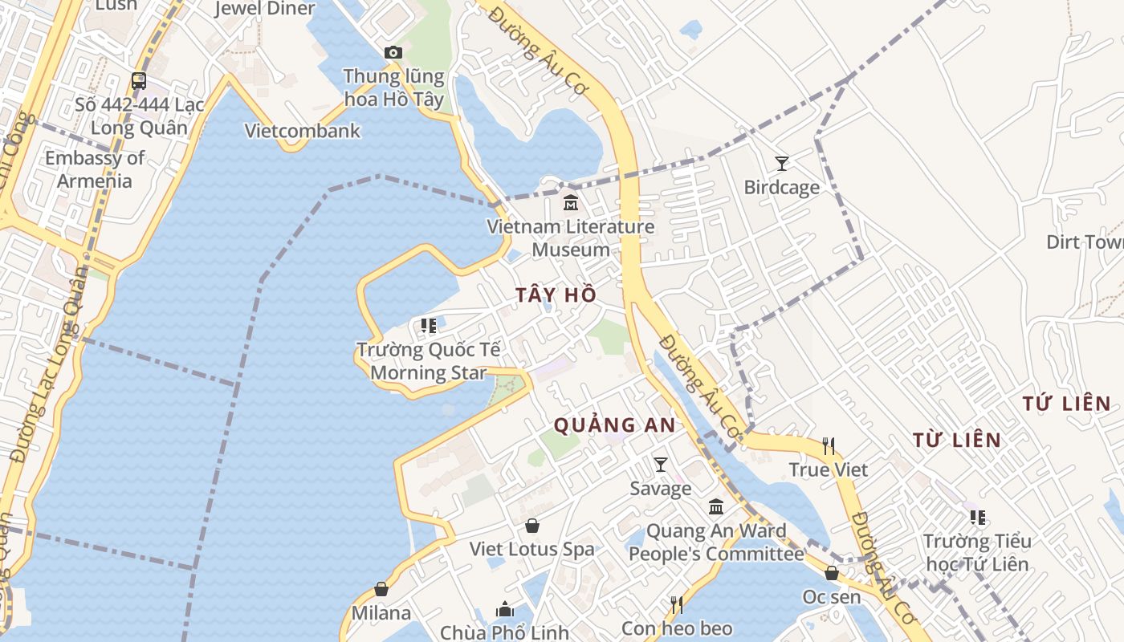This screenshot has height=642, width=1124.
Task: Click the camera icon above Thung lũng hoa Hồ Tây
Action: pos(393,53)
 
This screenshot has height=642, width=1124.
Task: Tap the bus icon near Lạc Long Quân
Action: pos(139,80)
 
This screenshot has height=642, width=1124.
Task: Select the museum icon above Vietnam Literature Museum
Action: pos(571,202)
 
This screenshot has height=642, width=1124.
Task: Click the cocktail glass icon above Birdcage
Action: pos(781,164)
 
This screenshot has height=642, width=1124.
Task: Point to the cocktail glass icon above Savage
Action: pos(661,464)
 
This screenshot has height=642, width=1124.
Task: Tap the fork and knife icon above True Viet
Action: pos(829,445)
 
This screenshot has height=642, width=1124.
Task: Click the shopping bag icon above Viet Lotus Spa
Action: pos(531,526)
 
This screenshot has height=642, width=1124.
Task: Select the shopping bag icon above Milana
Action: pos(381,589)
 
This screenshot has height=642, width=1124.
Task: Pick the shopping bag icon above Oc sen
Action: pos(832,573)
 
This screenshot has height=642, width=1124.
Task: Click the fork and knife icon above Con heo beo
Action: pos(677,604)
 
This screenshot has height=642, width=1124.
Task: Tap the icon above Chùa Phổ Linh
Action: pos(505,609)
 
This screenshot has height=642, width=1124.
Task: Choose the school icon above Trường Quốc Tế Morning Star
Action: pos(429,326)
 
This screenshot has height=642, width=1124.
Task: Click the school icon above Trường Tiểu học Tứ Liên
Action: pos(977,517)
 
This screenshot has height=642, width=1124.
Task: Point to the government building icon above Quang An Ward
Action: pos(716,507)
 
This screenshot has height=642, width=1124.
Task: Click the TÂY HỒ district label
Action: pos(556,295)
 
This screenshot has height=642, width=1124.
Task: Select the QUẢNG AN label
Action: pos(615,425)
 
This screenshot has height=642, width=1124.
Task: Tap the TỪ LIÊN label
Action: pos(957,440)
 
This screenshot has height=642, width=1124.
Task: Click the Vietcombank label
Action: pos(303,131)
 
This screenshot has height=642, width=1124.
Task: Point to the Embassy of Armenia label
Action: pos(95,169)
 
